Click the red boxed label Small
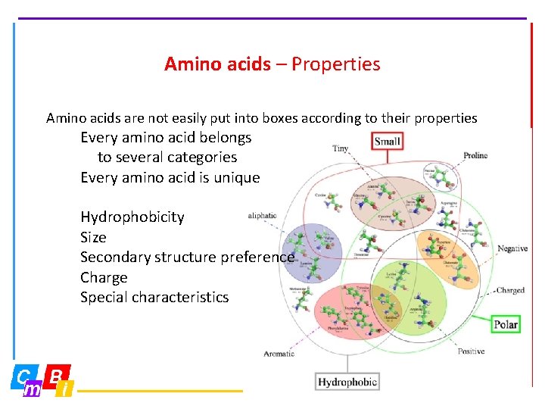(x=387, y=141)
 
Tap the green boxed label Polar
(x=506, y=324)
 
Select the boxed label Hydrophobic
(x=347, y=382)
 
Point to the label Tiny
(x=341, y=148)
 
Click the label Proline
(x=475, y=156)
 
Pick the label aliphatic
(x=262, y=216)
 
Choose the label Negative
(x=512, y=248)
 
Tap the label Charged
(x=510, y=290)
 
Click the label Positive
(x=471, y=351)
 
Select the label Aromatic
(x=279, y=354)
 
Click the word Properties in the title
(x=336, y=64)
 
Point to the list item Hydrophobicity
(x=132, y=217)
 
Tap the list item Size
(x=93, y=237)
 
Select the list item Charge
(x=104, y=277)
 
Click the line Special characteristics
(x=154, y=297)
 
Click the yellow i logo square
(x=66, y=389)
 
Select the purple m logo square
(x=33, y=389)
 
